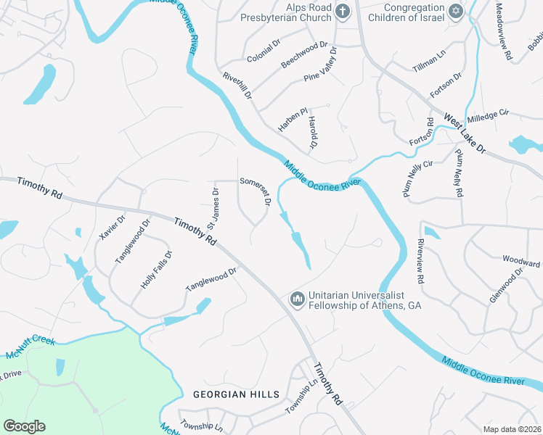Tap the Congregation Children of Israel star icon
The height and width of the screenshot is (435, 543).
(x=455, y=10)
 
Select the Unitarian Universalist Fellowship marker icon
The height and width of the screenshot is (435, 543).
(x=296, y=299)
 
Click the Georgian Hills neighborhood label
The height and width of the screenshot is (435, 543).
(x=236, y=394)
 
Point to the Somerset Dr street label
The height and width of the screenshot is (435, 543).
(x=256, y=192)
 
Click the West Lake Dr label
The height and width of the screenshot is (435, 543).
(x=465, y=133)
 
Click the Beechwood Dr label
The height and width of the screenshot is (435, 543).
(x=304, y=54)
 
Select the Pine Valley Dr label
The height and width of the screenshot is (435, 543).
(x=322, y=65)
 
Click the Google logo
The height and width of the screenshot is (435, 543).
(x=25, y=426)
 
